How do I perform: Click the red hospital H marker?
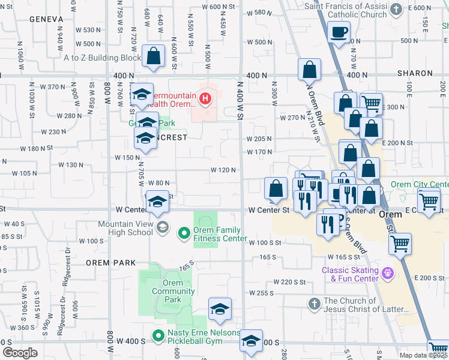pyautogui.click(x=206, y=98)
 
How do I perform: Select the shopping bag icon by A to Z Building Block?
pyautogui.click(x=154, y=56)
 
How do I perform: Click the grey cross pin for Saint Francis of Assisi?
pyautogui.click(x=396, y=9)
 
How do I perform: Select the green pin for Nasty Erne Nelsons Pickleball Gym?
pyautogui.click(x=158, y=337)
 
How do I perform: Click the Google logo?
pyautogui.click(x=20, y=353)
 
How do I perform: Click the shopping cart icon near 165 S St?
pyautogui.click(x=400, y=244)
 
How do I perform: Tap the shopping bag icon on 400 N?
pyautogui.click(x=310, y=70)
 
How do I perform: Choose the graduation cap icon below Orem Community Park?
pyautogui.click(x=220, y=309)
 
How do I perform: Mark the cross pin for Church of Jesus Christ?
pyautogui.click(x=314, y=304)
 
